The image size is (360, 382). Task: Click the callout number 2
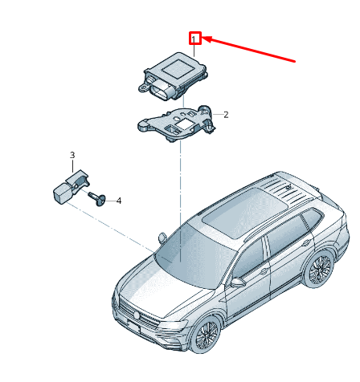(x=226, y=115)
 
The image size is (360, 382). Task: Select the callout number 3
(x=72, y=155)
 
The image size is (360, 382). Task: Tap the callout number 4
(x=119, y=201)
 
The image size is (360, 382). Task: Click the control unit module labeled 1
(x=173, y=77)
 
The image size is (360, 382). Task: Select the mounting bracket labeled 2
(x=178, y=122)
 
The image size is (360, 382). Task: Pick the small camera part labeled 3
(x=70, y=187)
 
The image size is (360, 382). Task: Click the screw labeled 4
(x=97, y=198)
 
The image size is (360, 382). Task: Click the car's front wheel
(x=207, y=335)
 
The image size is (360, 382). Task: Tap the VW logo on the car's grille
(x=137, y=315)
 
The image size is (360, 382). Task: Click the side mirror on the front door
(x=238, y=282)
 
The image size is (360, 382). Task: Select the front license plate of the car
(x=134, y=327)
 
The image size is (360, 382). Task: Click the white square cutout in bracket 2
(x=183, y=124)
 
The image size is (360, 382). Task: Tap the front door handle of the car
(x=264, y=271)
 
